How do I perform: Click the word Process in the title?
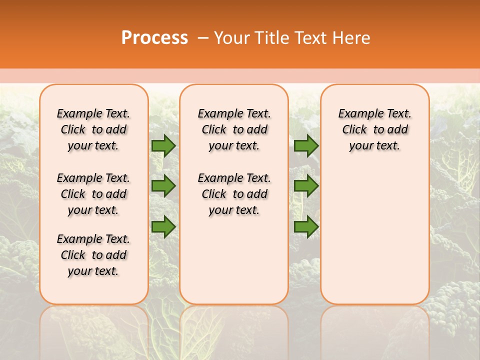(154, 38)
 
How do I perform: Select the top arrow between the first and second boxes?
(163, 146)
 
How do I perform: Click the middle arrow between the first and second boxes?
(163, 186)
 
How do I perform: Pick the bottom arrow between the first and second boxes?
(163, 227)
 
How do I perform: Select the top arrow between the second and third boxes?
(306, 146)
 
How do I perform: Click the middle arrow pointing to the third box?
(306, 186)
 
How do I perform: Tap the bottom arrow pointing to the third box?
(306, 227)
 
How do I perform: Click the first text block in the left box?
(93, 129)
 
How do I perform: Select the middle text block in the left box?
(93, 194)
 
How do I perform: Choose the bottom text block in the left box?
(93, 255)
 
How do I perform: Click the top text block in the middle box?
(234, 129)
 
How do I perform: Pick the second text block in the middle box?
(234, 194)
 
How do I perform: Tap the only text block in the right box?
(375, 129)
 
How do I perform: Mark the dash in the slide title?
(203, 38)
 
